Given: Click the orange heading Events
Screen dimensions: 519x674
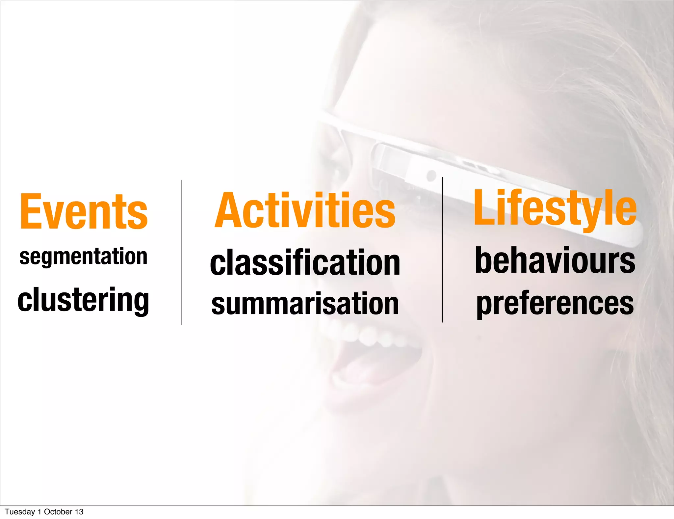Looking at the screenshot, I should click(84, 211).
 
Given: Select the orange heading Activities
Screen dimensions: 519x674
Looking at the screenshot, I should click(305, 211).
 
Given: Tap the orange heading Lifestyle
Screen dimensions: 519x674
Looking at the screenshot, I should click(555, 208).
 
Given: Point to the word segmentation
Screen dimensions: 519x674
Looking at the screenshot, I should click(83, 257).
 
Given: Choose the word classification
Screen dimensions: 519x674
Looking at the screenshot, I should click(305, 262).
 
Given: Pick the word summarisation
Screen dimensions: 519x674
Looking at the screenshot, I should click(305, 304).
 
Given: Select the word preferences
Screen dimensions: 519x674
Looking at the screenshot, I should click(555, 303).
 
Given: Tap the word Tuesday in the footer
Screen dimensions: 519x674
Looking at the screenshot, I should click(20, 512).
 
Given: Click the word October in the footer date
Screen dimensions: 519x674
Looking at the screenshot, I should click(58, 512).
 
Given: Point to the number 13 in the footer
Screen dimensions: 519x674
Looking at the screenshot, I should click(79, 512).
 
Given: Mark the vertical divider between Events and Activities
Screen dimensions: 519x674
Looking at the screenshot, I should click(182, 252).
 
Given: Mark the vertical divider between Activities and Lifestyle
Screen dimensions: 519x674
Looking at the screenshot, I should click(442, 250).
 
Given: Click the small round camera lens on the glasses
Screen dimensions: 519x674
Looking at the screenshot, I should click(431, 175).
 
